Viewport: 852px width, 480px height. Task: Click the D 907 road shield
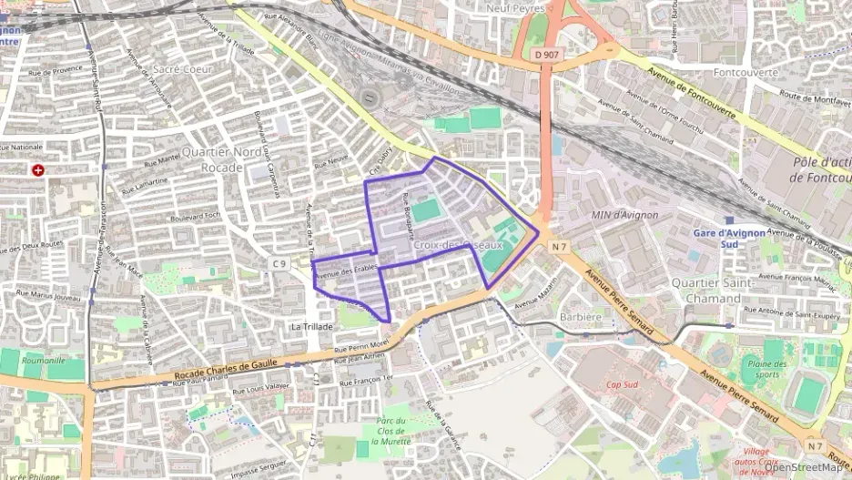[547, 55]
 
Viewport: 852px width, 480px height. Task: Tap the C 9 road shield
[278, 264]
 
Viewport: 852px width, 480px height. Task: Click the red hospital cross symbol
[37, 170]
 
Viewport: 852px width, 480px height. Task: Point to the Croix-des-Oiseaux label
[457, 245]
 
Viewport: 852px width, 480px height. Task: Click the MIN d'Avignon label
[624, 215]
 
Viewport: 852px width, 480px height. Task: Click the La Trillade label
[312, 325]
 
